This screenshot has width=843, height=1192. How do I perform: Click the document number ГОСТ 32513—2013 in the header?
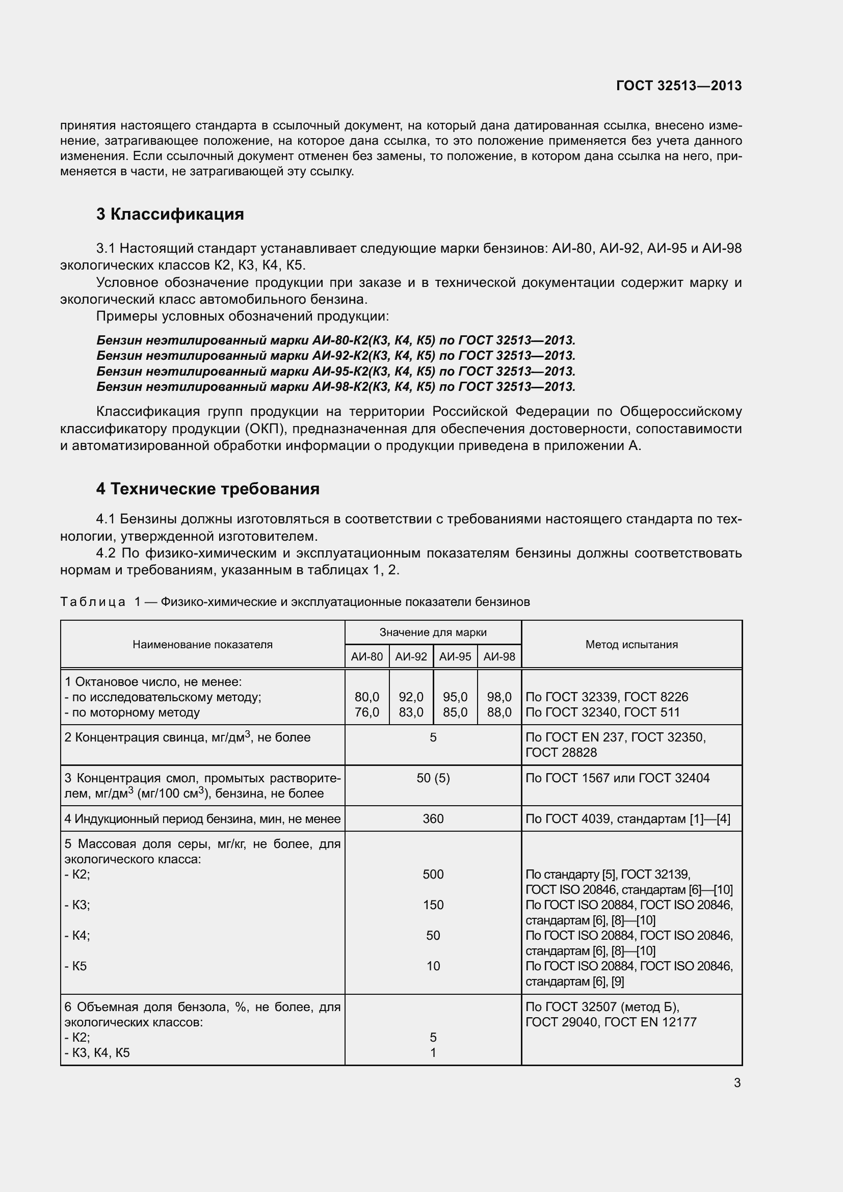[x=678, y=86]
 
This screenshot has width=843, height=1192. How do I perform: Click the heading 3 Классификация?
[x=170, y=214]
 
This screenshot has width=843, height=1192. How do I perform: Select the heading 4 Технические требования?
[x=207, y=489]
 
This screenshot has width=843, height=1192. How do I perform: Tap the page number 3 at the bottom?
[x=737, y=1083]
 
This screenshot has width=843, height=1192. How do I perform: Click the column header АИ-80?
[x=366, y=657]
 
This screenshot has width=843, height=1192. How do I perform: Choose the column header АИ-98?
[x=499, y=657]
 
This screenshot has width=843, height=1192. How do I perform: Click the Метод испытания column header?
[x=631, y=644]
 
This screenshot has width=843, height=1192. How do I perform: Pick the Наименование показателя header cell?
[x=202, y=644]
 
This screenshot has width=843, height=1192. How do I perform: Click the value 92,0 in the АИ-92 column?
[x=411, y=697]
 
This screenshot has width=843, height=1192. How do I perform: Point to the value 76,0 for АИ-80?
[x=366, y=712]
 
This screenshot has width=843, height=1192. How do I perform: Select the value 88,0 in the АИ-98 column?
[x=499, y=712]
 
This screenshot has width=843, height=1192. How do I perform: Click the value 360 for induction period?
[x=433, y=819]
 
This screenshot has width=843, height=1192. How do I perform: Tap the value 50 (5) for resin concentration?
[x=433, y=778]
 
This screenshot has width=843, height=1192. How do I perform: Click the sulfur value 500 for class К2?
[x=433, y=875]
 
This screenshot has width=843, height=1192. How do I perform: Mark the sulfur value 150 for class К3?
[x=433, y=906]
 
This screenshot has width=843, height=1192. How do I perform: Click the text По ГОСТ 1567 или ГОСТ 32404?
[x=617, y=778]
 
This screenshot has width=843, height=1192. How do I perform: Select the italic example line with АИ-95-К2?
[x=336, y=371]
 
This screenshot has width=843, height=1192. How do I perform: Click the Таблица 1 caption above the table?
[x=295, y=602]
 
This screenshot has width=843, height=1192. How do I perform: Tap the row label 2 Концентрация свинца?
[x=187, y=738]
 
